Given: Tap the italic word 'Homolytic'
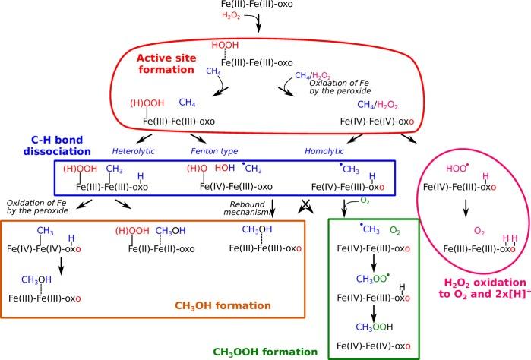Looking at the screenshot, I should (325, 151).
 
